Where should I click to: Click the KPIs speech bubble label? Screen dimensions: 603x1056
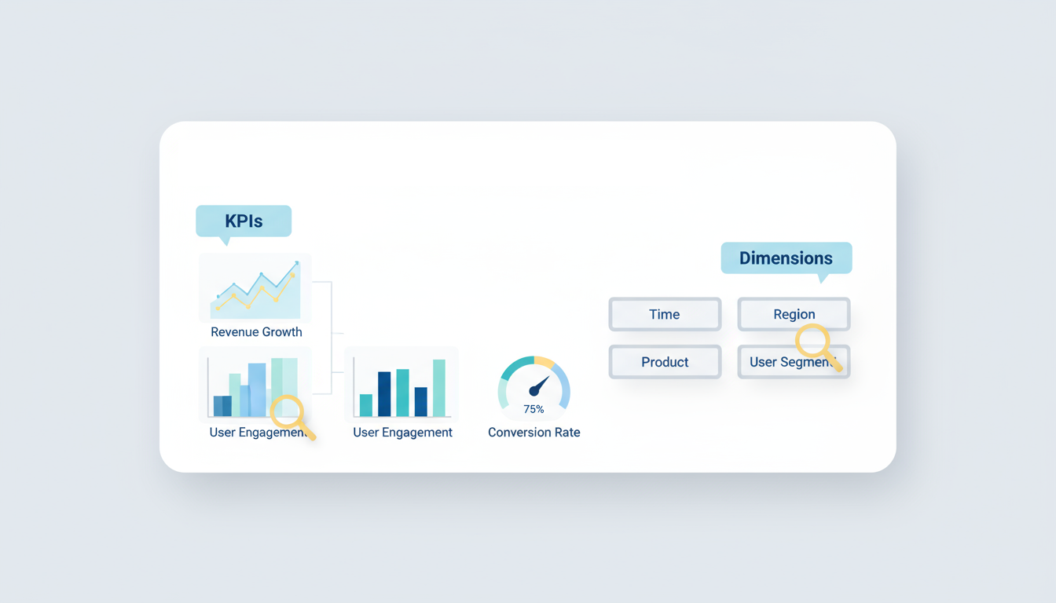244,221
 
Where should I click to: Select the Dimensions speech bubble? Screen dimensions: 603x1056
786,258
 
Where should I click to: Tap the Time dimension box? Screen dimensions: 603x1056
665,314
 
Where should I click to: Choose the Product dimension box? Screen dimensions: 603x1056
665,362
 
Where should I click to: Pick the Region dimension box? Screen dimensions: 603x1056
794,314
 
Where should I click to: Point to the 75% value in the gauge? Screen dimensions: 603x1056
533,409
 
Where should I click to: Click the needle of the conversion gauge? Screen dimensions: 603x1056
540,386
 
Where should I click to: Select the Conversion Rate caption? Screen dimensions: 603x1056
533,433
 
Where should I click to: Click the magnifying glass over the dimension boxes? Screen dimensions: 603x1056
813,343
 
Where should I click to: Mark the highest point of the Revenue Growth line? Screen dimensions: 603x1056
297,263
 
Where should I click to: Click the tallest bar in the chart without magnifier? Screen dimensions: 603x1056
439,388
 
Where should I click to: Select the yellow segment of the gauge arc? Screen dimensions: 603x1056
544,362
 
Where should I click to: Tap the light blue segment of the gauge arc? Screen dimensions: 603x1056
563,385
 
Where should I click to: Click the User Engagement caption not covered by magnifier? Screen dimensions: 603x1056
402,433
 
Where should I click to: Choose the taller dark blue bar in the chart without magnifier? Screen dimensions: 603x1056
384,393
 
